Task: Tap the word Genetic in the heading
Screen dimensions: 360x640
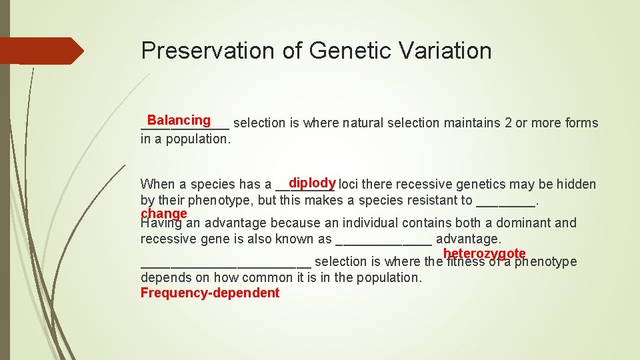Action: coord(336,51)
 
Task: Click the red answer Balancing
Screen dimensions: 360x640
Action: coord(179,120)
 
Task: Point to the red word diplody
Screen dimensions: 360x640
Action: coord(311,183)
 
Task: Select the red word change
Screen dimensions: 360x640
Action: coord(163,213)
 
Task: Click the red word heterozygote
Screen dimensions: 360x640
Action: coord(484,253)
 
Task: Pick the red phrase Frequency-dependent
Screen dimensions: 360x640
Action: coord(210,293)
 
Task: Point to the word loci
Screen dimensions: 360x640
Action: coord(351,185)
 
